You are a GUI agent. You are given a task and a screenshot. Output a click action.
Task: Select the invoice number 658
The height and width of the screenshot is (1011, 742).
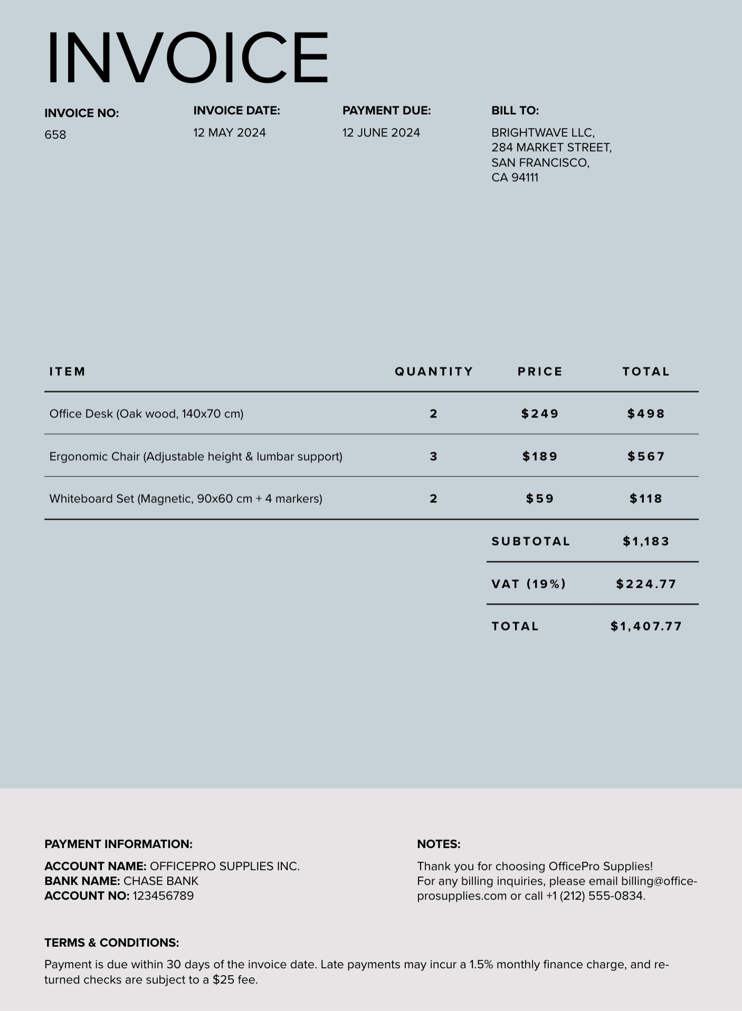click(x=55, y=135)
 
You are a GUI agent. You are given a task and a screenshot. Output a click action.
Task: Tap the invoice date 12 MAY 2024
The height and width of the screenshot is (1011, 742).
click(x=230, y=132)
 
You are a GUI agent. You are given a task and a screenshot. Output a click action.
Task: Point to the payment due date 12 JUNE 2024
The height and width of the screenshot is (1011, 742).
click(x=381, y=132)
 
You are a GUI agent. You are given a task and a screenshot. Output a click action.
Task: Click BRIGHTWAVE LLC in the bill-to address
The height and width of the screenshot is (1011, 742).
click(x=543, y=132)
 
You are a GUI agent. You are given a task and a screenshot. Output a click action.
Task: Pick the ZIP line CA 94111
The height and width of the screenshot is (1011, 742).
click(x=515, y=178)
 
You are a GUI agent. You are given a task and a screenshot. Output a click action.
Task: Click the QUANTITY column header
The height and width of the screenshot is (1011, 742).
click(x=434, y=371)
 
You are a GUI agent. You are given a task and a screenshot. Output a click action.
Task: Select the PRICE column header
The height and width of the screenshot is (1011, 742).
click(x=540, y=371)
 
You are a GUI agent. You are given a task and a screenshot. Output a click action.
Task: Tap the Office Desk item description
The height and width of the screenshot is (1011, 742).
click(x=146, y=414)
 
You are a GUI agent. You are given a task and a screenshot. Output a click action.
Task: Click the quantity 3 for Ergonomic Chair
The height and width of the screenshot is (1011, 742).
click(x=433, y=456)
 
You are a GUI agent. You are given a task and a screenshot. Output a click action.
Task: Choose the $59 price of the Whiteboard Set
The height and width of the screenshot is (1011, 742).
click(x=540, y=499)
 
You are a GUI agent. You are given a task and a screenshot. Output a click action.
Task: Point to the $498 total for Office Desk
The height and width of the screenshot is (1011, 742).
click(x=646, y=414)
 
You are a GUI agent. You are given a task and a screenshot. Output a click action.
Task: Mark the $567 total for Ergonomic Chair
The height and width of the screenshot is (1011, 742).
click(x=646, y=456)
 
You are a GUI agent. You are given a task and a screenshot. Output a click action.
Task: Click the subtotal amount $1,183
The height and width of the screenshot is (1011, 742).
click(x=646, y=541)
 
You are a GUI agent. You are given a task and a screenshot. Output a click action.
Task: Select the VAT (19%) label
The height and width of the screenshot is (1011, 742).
click(x=529, y=584)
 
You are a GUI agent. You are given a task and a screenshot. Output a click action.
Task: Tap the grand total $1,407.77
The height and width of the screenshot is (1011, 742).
click(x=646, y=626)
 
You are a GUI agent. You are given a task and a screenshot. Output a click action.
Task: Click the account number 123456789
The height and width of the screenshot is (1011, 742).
click(x=163, y=896)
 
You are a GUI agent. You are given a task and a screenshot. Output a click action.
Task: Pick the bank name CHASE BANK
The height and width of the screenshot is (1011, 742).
click(x=161, y=881)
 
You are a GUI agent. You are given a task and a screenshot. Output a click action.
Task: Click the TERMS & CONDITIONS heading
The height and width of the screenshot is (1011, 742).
click(x=112, y=943)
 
